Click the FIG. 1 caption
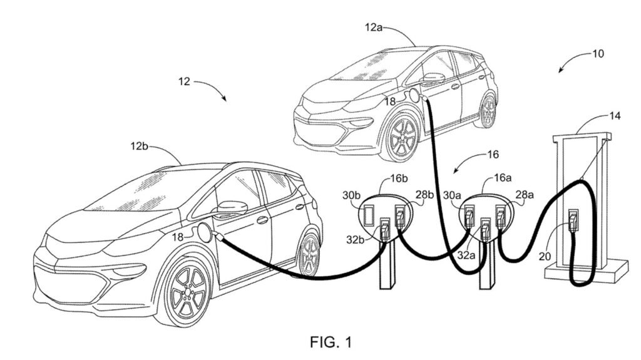331,342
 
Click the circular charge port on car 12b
205,232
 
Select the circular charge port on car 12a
413,96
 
